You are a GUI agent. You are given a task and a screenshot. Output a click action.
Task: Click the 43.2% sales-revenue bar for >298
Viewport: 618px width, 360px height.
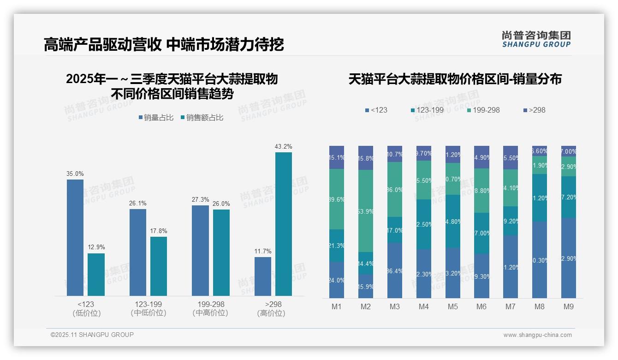(283, 224)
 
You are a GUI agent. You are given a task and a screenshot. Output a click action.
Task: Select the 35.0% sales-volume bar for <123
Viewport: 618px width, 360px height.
(75, 237)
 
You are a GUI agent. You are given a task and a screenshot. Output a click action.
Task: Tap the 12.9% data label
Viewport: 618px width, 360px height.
(96, 247)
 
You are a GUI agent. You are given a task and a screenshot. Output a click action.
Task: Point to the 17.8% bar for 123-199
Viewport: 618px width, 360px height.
(159, 266)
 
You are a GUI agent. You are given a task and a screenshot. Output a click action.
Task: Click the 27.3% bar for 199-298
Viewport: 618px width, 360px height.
(200, 250)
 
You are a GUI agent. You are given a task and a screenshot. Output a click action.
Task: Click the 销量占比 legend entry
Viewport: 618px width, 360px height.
(156, 118)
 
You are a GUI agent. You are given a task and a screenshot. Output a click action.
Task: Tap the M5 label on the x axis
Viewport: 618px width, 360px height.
(452, 306)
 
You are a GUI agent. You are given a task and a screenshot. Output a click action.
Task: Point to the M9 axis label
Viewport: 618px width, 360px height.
(568, 306)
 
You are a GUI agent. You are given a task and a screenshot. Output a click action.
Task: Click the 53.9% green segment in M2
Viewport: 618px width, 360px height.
(366, 211)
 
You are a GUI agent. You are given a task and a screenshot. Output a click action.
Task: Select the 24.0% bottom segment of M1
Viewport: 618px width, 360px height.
(337, 280)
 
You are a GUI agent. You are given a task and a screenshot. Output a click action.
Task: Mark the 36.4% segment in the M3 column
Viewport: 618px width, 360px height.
(395, 270)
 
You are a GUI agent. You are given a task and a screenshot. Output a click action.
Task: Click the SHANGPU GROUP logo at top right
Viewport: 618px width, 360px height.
(536, 39)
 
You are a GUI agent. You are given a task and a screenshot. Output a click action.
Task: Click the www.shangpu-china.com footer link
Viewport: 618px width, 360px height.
(537, 335)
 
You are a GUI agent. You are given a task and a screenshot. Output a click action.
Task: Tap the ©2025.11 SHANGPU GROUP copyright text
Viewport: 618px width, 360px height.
(92, 335)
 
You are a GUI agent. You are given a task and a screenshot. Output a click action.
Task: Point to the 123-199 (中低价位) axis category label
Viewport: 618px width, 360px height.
(148, 308)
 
